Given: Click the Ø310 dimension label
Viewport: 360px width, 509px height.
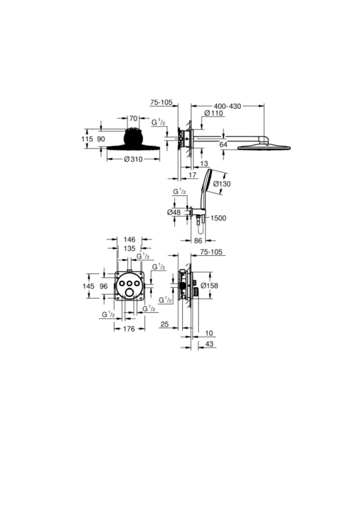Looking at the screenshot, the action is pos(133,159).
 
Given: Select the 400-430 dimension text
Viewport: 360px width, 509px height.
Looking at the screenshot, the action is pos(227,106).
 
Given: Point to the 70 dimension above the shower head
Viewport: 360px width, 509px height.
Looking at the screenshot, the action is pos(133,118).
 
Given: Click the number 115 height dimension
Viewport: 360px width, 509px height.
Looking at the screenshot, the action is pos(87,139).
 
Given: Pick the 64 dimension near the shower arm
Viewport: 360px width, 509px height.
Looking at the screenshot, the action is pos(223,145).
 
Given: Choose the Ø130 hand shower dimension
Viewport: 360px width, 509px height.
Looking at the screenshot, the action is pos(222,183).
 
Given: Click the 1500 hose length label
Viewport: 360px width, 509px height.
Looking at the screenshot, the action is pos(218,218).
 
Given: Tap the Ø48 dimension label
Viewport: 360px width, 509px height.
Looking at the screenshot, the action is pos(174,212).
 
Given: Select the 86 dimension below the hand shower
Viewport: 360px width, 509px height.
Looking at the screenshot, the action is pos(198,241).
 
